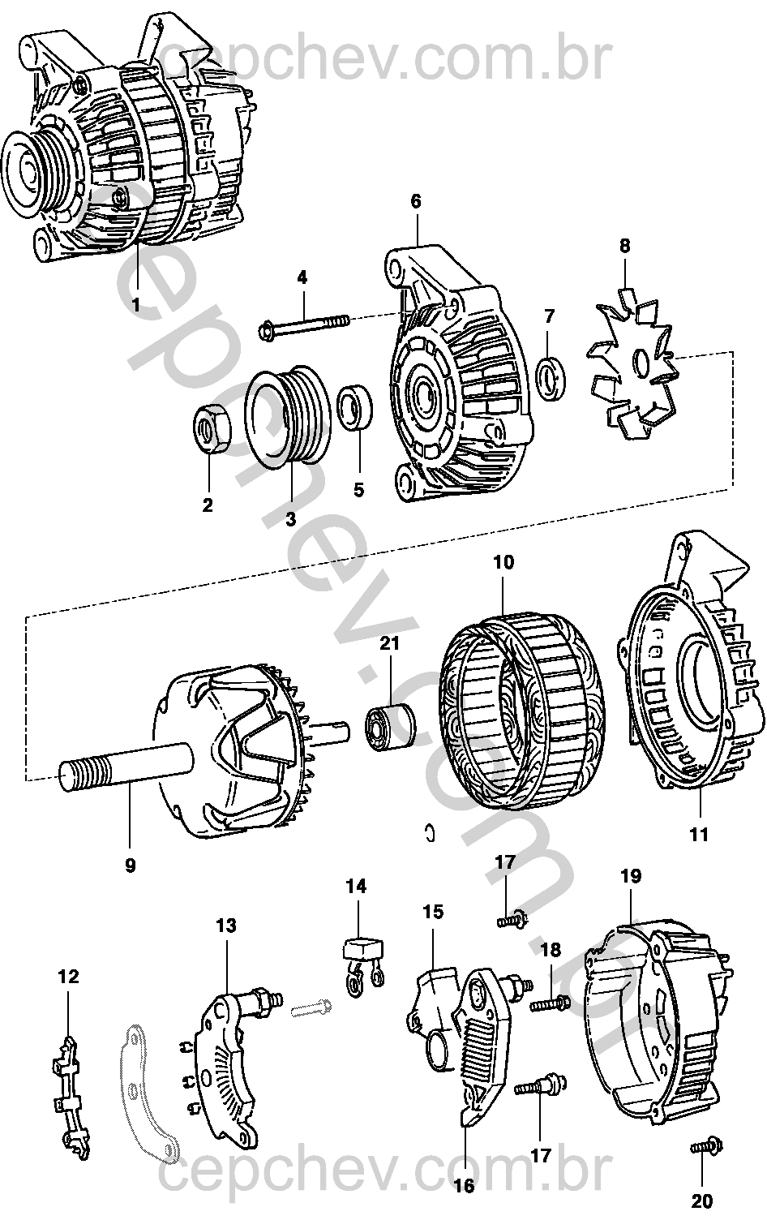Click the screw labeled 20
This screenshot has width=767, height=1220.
(x=704, y=1147)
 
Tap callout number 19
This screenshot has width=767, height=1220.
(x=631, y=876)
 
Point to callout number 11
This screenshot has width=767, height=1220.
(x=698, y=834)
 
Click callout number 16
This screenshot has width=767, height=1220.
(x=464, y=1186)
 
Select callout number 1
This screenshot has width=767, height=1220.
(x=136, y=305)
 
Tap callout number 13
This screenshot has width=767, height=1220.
(x=226, y=925)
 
